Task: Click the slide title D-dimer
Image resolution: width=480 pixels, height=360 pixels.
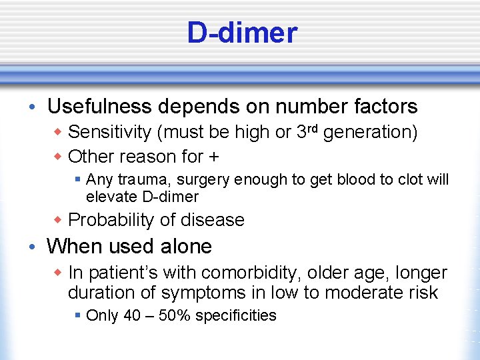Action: point(242,33)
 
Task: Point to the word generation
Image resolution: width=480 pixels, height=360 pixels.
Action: point(370,133)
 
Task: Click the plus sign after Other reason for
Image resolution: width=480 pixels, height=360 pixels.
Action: point(215,157)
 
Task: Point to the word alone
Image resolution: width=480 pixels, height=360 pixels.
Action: point(186,247)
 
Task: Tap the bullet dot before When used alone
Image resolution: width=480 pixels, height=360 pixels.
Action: point(33,247)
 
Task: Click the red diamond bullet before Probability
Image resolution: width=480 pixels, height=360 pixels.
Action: point(57,220)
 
